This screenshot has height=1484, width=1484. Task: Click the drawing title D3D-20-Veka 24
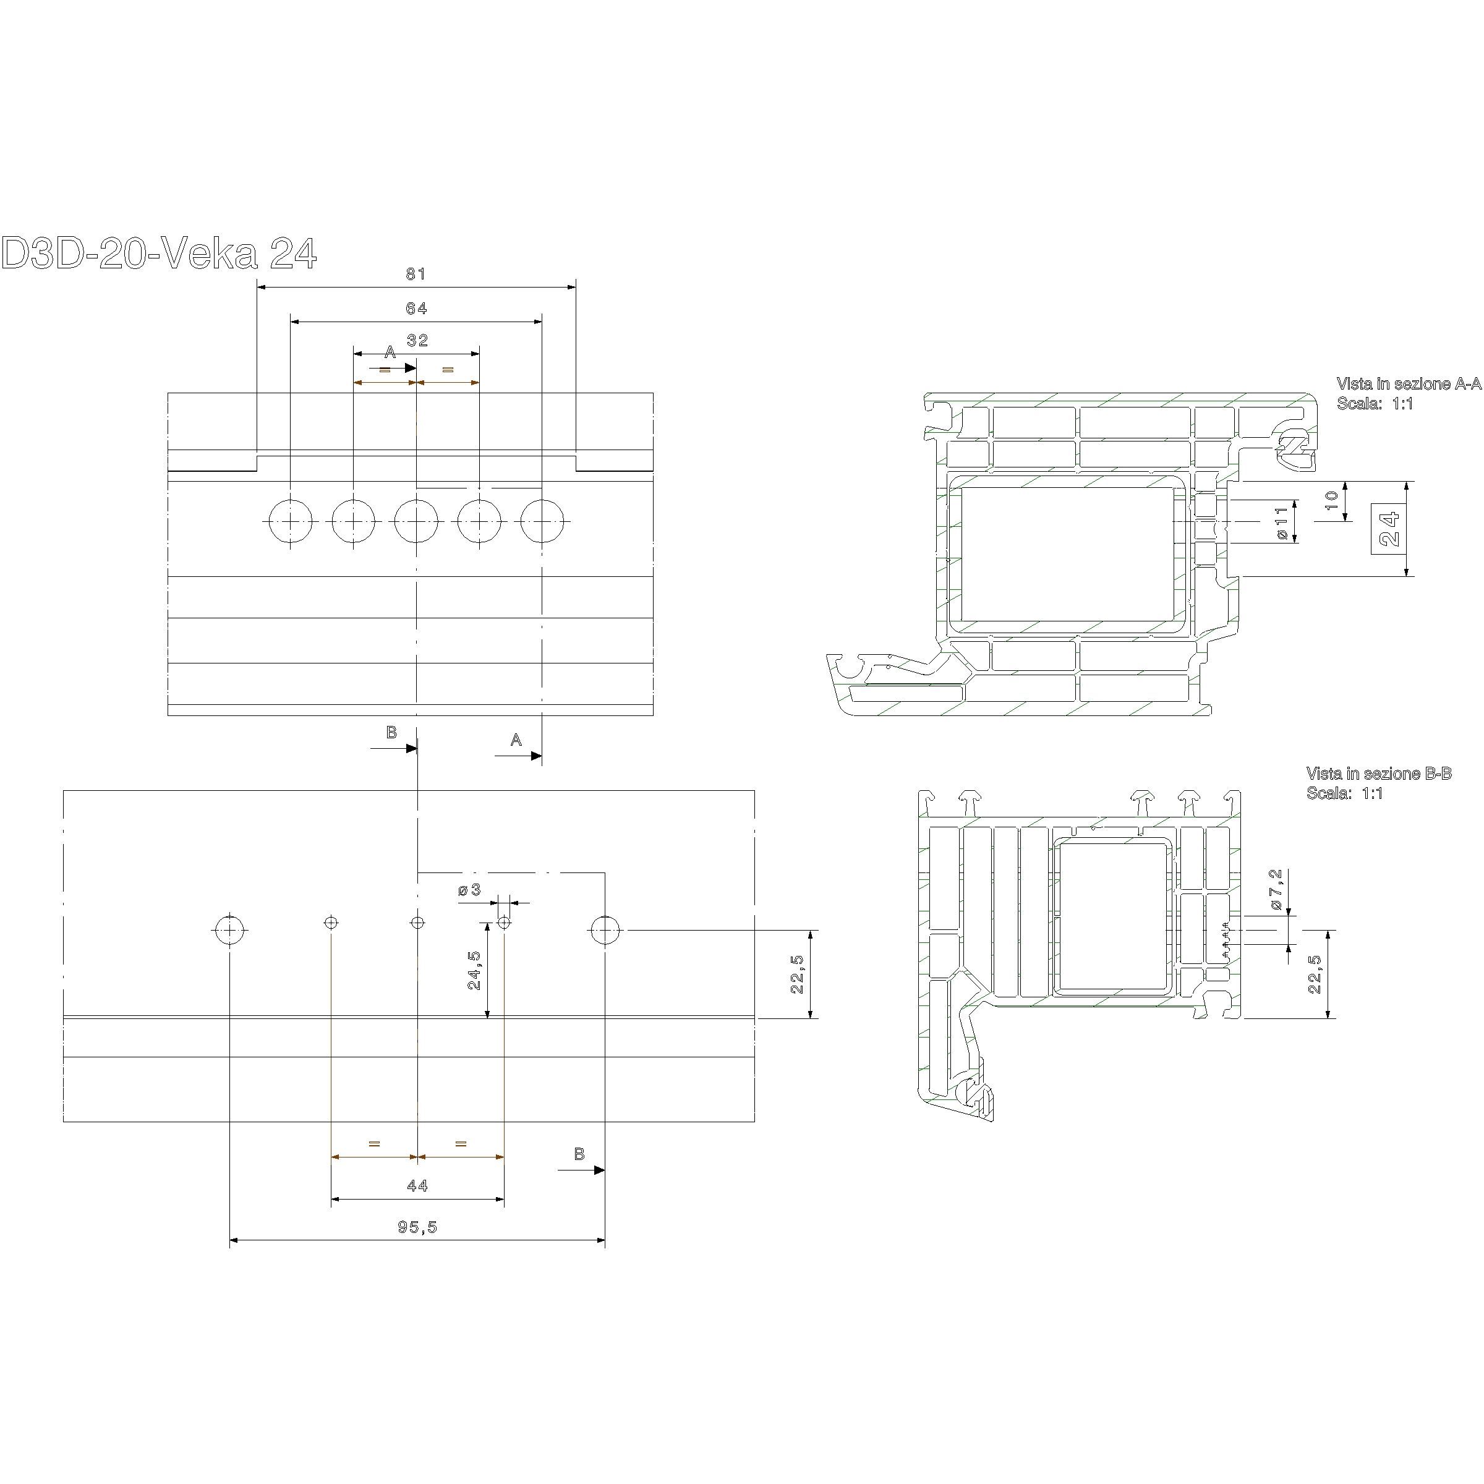(158, 254)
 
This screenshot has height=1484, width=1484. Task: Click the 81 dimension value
(416, 274)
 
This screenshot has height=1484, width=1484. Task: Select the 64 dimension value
(416, 309)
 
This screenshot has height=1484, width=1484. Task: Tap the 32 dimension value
(417, 340)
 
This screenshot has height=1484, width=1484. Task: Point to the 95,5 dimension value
(417, 1227)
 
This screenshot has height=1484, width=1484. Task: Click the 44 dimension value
(417, 1186)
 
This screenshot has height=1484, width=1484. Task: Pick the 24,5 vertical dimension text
(475, 970)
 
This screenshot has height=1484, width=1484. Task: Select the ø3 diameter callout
(469, 890)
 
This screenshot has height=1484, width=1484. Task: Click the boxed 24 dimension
(1389, 529)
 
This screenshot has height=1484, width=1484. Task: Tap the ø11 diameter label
(1281, 522)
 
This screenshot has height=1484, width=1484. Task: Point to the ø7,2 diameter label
(1276, 890)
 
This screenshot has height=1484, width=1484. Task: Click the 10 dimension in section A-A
(1332, 501)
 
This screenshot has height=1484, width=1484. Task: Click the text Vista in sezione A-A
(1408, 383)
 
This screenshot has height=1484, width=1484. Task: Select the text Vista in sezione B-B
(1379, 774)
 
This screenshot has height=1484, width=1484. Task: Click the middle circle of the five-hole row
(416, 521)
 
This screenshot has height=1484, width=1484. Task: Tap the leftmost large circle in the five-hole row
(291, 521)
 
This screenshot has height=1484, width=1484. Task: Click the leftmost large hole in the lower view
(229, 931)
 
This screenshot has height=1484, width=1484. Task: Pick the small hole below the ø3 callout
(504, 923)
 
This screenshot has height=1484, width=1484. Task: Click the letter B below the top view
(391, 733)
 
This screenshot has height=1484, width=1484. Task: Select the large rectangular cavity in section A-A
(1068, 553)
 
